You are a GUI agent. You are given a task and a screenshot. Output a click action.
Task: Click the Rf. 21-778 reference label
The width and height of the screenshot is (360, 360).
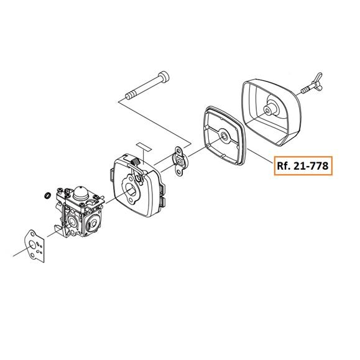(303, 165)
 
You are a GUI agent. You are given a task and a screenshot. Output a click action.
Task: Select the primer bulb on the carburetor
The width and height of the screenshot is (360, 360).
(81, 193)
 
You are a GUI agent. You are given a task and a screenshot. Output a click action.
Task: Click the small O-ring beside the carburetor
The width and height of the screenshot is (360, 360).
(47, 196)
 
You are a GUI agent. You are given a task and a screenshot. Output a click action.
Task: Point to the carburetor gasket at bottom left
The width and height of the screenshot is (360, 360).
(35, 246)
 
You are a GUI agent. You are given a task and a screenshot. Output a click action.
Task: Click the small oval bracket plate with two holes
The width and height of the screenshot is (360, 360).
(180, 162)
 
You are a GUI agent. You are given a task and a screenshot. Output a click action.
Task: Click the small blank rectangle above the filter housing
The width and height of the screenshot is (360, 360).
(144, 147)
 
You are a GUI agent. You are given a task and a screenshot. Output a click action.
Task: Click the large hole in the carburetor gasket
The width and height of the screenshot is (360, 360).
(32, 247)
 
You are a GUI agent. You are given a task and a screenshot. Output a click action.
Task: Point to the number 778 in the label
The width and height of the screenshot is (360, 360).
(320, 165)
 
